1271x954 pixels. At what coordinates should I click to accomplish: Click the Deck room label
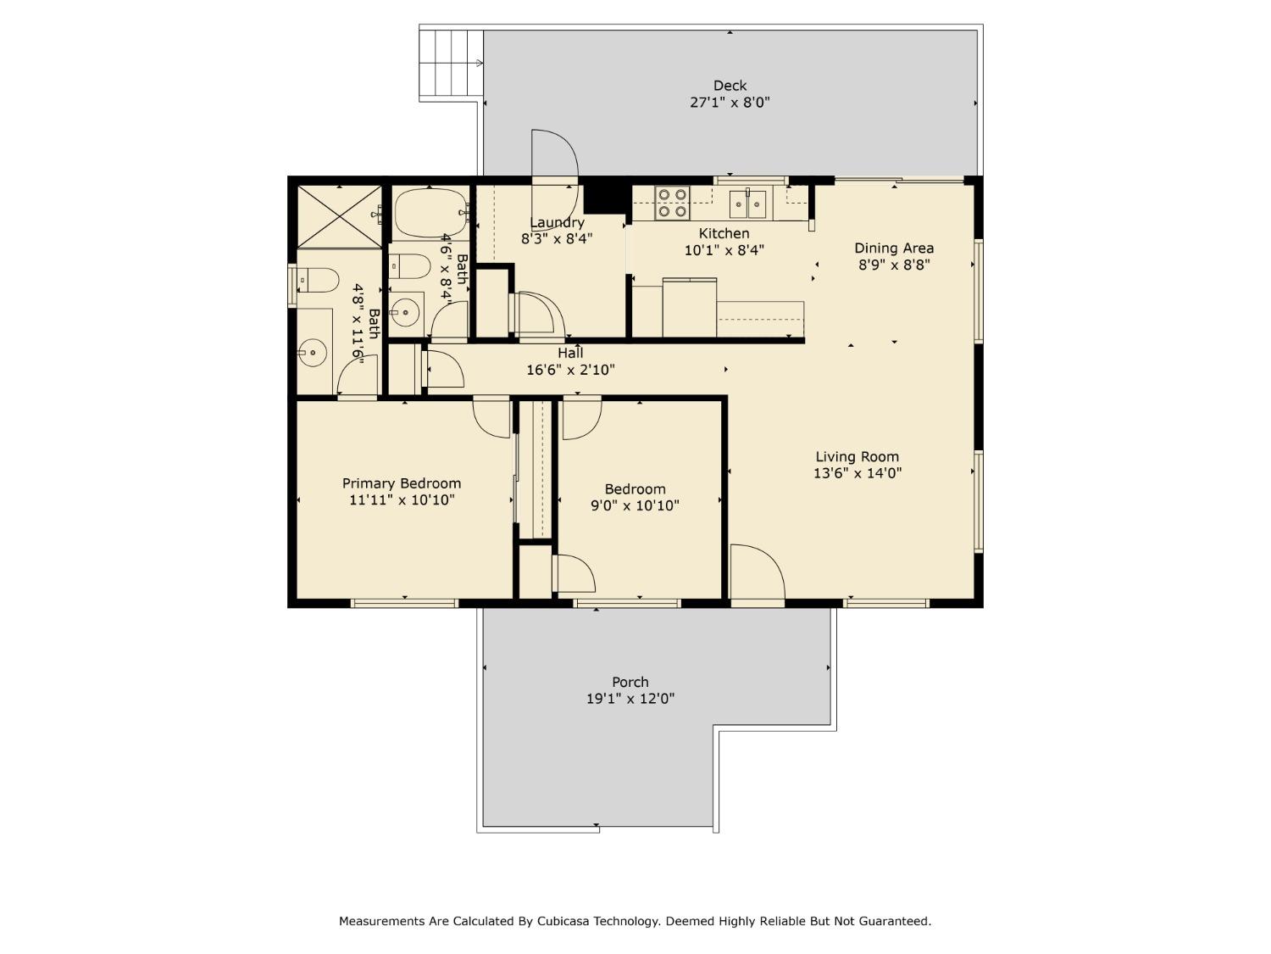pyautogui.click(x=730, y=86)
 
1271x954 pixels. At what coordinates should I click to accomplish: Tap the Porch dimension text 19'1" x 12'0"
pyautogui.click(x=630, y=699)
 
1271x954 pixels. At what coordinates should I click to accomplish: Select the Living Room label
pyautogui.click(x=857, y=457)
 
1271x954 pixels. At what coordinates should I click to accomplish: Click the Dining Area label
pyautogui.click(x=894, y=248)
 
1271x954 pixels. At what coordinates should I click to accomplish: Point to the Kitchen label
pyautogui.click(x=724, y=233)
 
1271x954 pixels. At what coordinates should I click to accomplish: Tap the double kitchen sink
pyautogui.click(x=748, y=204)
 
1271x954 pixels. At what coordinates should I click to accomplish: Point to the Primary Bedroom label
pyautogui.click(x=402, y=483)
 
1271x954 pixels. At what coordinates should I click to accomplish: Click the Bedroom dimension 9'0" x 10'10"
pyautogui.click(x=635, y=506)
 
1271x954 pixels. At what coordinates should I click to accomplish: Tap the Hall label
pyautogui.click(x=570, y=353)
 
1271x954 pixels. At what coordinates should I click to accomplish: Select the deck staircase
pyautogui.click(x=451, y=64)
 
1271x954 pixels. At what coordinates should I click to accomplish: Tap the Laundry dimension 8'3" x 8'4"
pyautogui.click(x=557, y=239)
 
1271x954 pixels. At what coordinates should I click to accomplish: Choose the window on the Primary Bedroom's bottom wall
pyautogui.click(x=404, y=603)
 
